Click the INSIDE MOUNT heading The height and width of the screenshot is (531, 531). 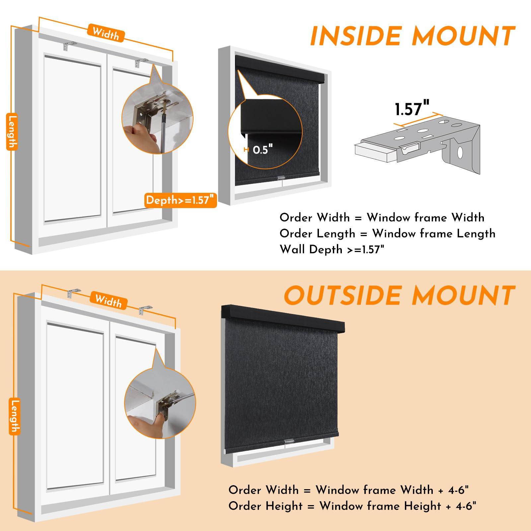[x=412, y=36]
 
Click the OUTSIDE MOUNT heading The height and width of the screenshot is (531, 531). [x=400, y=295]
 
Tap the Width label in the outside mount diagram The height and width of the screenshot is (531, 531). [x=108, y=301]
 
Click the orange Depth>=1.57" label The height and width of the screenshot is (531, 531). [x=181, y=200]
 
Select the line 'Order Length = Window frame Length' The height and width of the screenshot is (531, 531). [x=387, y=234]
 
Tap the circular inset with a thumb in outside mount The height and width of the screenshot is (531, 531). [x=160, y=404]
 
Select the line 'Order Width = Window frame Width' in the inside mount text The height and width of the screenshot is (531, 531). [x=382, y=218]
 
